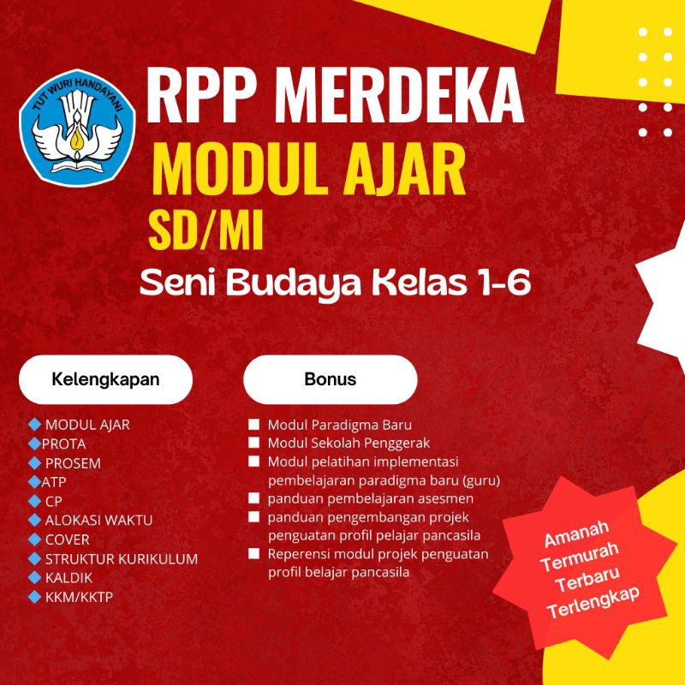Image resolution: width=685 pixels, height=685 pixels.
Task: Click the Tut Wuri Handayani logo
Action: point(78,123)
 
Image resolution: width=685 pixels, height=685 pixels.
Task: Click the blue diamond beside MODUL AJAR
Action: point(34,424)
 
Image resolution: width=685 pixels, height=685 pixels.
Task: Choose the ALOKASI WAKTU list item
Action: point(98,520)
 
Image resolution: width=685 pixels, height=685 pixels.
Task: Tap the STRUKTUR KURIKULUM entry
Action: point(121,558)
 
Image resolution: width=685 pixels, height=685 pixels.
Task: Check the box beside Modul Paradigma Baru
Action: point(253,425)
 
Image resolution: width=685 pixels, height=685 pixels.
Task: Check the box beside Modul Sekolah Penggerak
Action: point(253,443)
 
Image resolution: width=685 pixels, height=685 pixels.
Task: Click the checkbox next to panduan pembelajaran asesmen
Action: point(253,497)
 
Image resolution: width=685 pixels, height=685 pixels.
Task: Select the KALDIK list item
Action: point(68,577)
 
